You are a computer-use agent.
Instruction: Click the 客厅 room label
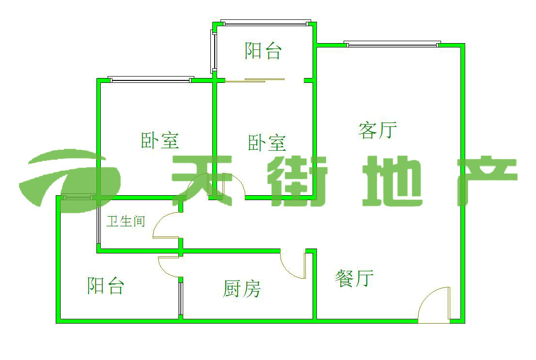pos(378,130)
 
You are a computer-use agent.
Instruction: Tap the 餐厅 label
pos(354,279)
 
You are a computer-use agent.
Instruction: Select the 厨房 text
pos(242,289)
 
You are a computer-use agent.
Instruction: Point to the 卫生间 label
pos(126,222)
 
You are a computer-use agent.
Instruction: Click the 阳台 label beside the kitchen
pos(106,285)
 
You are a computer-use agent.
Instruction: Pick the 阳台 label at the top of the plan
pos(263,51)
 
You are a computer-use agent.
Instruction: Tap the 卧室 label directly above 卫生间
pos(160,141)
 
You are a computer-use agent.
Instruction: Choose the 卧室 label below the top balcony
pos(267,143)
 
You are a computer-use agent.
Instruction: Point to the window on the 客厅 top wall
pos(393,45)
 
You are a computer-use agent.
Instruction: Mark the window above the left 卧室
pos(151,79)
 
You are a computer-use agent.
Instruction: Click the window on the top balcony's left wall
pos(213,51)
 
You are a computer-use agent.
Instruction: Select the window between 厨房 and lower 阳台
pos(180,298)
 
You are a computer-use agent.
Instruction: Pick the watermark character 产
pos(485,179)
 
